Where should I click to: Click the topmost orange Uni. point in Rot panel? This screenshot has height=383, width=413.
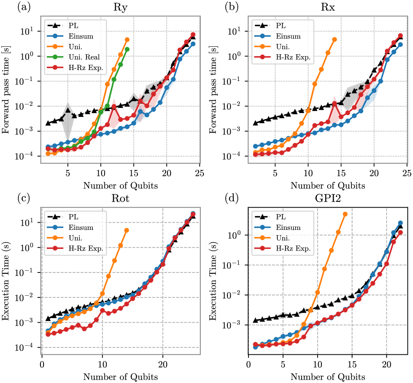[x=127, y=230]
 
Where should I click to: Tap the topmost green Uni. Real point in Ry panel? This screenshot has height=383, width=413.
[x=127, y=49]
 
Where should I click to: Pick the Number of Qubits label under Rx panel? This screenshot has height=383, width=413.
[x=328, y=186]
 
